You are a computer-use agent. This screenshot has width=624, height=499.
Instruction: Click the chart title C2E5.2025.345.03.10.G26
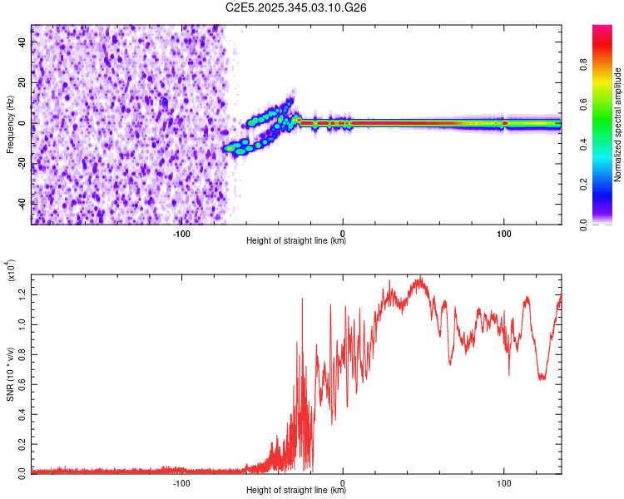[296, 7]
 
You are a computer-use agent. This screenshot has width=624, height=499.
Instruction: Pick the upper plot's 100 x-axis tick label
[503, 234]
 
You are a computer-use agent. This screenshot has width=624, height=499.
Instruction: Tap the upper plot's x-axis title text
[296, 241]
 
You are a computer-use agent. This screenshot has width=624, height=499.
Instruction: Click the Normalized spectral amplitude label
[618, 125]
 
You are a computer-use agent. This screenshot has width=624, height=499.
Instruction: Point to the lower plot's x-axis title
[296, 491]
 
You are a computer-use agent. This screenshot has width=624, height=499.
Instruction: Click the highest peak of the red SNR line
[421, 277]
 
